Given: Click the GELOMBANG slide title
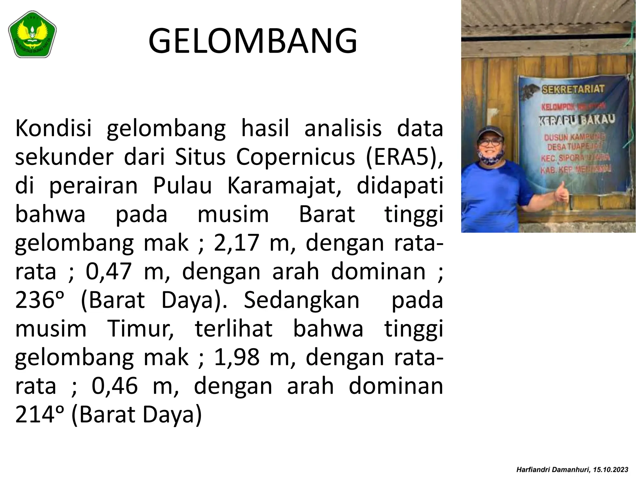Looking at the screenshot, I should click(253, 41).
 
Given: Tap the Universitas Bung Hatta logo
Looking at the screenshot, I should click(32, 34).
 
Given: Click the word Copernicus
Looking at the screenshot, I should click(295, 157).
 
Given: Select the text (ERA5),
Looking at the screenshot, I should click(404, 157).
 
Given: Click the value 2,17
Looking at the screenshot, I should click(236, 243).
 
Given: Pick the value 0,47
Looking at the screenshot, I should click(108, 272).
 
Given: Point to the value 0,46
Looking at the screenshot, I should click(115, 386).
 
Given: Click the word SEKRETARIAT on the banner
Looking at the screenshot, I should click(573, 89).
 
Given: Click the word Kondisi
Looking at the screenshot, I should click(53, 129).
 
